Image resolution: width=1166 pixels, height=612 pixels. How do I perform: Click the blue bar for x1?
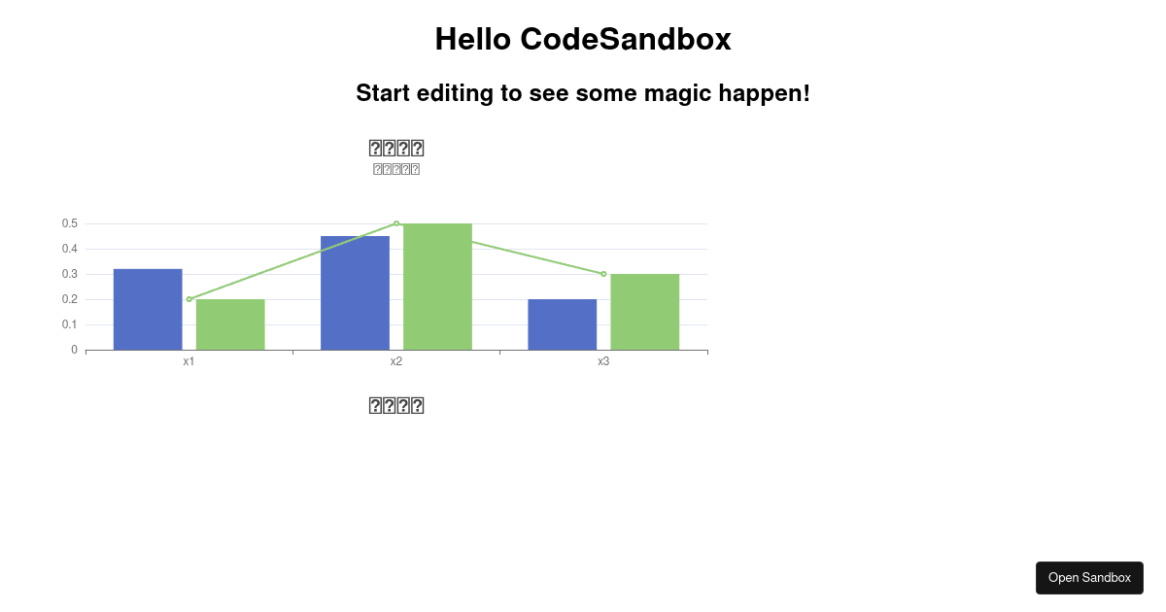point(148,309)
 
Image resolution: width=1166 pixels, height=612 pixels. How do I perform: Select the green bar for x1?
point(230,324)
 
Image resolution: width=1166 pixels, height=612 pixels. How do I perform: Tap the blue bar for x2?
point(355,292)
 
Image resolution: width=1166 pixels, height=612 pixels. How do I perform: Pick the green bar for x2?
point(437,287)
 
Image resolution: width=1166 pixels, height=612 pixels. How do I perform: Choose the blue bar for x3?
point(563,324)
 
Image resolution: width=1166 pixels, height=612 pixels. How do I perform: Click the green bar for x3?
point(645,312)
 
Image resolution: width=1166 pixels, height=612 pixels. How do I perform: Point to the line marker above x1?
point(189,299)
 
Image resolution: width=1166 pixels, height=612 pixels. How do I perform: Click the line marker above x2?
point(396,223)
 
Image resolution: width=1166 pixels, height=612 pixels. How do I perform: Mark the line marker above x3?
point(603,274)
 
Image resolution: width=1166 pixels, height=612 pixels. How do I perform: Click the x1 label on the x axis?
point(189,361)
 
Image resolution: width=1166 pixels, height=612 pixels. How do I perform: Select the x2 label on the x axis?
point(396,361)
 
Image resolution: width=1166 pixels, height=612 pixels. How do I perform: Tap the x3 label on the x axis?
point(603,361)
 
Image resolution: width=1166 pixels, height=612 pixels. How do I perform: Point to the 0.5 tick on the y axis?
point(69,223)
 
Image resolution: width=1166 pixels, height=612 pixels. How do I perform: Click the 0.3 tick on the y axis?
point(69,274)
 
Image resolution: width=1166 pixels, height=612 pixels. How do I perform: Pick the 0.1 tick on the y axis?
point(69,324)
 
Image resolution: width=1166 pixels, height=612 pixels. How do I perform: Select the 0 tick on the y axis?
point(74,350)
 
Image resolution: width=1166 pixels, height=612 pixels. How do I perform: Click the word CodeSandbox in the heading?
point(625,39)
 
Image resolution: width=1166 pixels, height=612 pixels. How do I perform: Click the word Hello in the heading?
point(473,39)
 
